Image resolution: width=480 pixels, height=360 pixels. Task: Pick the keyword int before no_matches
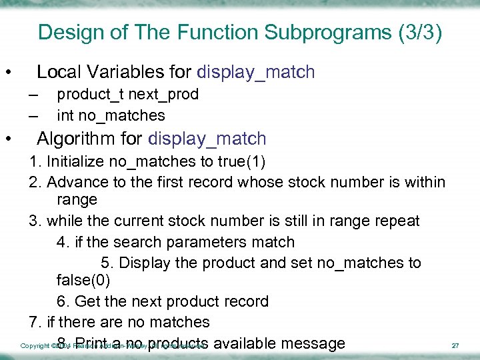[65, 116]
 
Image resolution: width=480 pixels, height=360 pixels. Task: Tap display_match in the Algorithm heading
[207, 139]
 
